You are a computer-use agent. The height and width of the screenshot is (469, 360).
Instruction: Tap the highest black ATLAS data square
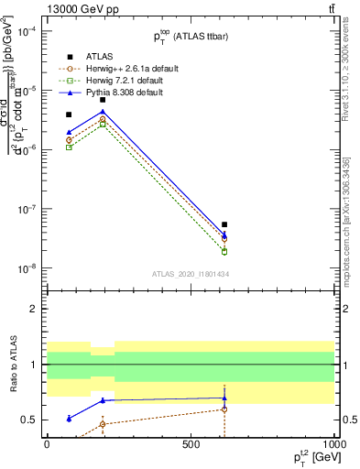103,100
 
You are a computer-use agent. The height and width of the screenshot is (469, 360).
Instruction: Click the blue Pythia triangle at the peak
103,112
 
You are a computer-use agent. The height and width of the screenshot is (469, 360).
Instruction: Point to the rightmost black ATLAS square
224,224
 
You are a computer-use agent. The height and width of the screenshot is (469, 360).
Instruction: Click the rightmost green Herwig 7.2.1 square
224,252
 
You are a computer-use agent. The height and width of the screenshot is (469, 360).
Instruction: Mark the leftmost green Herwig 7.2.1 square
69,147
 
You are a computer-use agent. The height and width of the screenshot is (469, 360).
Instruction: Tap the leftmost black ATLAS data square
69,115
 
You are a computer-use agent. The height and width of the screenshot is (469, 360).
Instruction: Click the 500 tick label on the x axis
191,443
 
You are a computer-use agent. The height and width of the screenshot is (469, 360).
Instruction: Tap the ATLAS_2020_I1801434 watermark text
190,275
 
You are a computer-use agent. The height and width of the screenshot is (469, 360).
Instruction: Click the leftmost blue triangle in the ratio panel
69,419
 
